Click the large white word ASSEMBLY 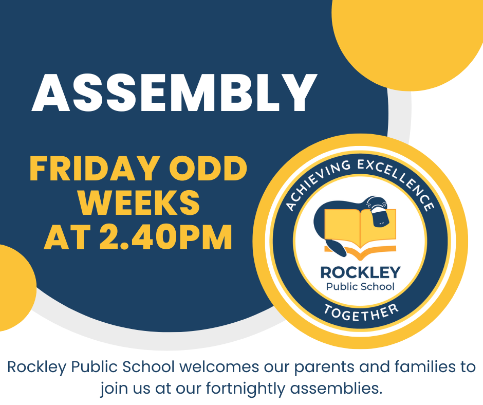pos(174,93)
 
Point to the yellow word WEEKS pos(139,202)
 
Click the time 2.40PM pos(166,237)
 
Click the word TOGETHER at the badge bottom pos(361,312)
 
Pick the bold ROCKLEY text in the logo pos(360,272)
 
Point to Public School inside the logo pos(360,287)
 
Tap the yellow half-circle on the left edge pos(15,288)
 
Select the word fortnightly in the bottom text pos(246,389)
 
